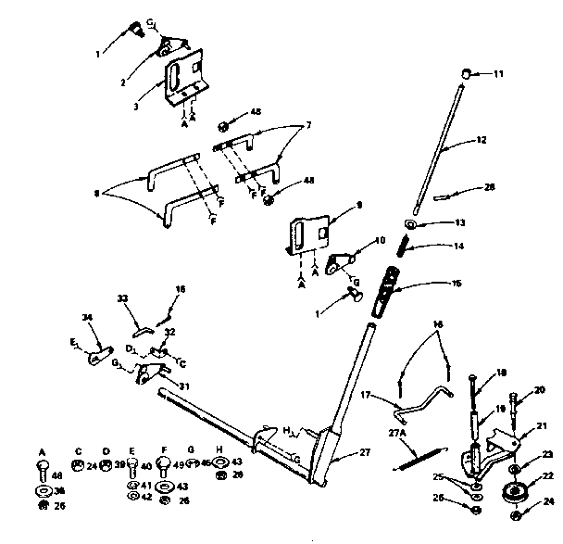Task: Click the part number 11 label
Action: click(x=498, y=73)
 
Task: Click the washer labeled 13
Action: click(x=410, y=225)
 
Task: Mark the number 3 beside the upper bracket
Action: click(x=135, y=107)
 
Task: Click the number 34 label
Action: click(x=88, y=318)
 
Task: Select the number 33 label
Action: click(x=122, y=298)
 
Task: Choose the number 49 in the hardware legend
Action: click(x=180, y=466)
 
